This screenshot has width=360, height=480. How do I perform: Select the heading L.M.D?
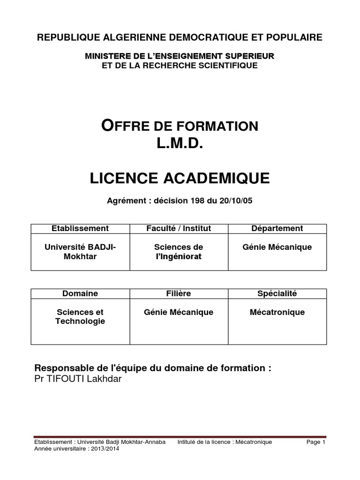tap(180, 144)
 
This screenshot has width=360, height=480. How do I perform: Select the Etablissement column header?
tap(80, 229)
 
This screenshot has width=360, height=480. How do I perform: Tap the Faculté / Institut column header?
tap(179, 229)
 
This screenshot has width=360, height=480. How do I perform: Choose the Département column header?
tap(277, 229)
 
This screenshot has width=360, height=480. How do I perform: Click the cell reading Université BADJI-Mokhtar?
tap(80, 251)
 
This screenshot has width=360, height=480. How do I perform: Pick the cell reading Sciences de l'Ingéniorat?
tap(179, 251)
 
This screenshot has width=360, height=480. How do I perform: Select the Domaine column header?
tap(80, 294)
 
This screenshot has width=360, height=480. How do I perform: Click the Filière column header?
tap(179, 294)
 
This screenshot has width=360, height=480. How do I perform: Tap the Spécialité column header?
tap(277, 294)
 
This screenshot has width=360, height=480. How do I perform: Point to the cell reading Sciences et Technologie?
tap(80, 316)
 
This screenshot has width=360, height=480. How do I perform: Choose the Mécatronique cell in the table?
tap(277, 312)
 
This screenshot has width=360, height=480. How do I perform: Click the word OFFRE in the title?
tap(125, 126)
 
